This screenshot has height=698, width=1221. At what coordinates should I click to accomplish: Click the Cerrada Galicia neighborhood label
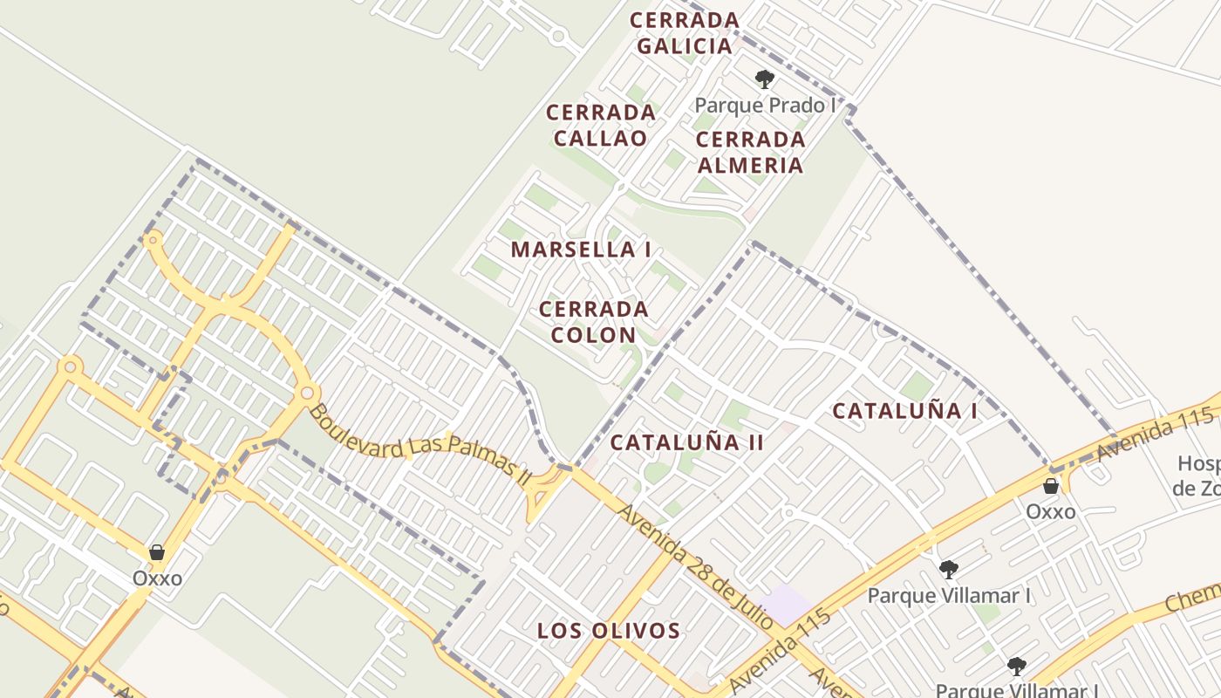tap(685, 33)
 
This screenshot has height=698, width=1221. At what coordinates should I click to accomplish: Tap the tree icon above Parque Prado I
tap(765, 80)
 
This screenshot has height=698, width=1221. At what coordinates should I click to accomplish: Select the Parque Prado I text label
tap(765, 106)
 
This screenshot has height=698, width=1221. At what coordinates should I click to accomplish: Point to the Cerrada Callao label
tap(601, 126)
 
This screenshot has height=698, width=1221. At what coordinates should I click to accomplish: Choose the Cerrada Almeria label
tap(750, 153)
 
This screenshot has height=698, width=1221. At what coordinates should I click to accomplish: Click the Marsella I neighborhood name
tap(581, 250)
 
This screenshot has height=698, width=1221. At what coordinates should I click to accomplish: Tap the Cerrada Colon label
tap(593, 322)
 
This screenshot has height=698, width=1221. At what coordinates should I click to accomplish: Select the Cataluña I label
tap(904, 411)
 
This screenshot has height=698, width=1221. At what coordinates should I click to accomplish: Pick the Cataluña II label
tap(687, 442)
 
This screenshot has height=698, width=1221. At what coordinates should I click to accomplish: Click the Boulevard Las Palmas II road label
tap(420, 445)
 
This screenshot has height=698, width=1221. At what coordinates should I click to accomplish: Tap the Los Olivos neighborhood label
tap(608, 631)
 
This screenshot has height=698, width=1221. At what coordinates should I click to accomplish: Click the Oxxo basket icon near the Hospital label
tap(1051, 486)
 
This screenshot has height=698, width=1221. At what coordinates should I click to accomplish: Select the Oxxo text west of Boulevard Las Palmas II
tap(157, 578)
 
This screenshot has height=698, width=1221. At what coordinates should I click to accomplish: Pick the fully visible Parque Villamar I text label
tap(949, 596)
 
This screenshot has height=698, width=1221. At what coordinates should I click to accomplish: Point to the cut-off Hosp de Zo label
tap(1196, 476)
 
